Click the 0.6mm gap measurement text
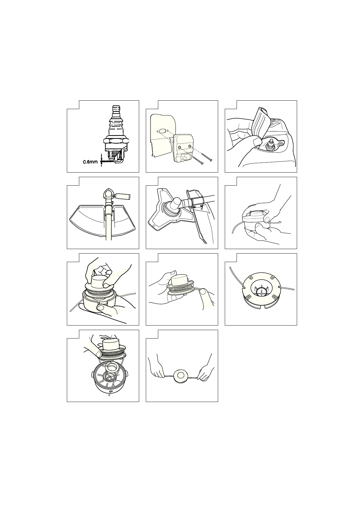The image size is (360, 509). click(x=90, y=162)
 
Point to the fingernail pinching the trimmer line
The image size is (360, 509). click(x=202, y=291)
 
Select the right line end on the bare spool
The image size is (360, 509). click(x=287, y=288)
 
